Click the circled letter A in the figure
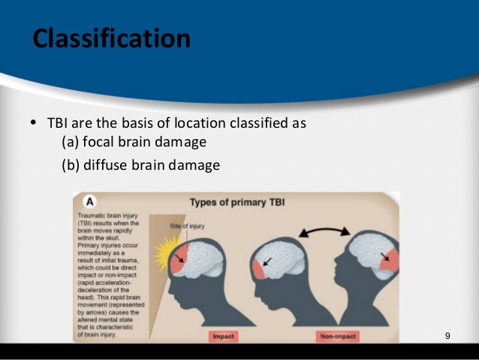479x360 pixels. tap(89, 202)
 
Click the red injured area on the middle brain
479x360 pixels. tap(260, 268)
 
